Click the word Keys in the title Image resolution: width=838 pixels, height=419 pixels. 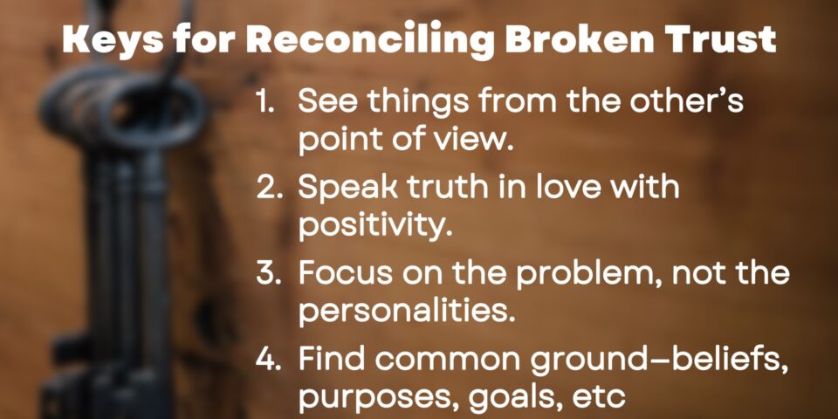(113, 39)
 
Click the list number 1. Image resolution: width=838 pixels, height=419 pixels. (264, 101)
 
